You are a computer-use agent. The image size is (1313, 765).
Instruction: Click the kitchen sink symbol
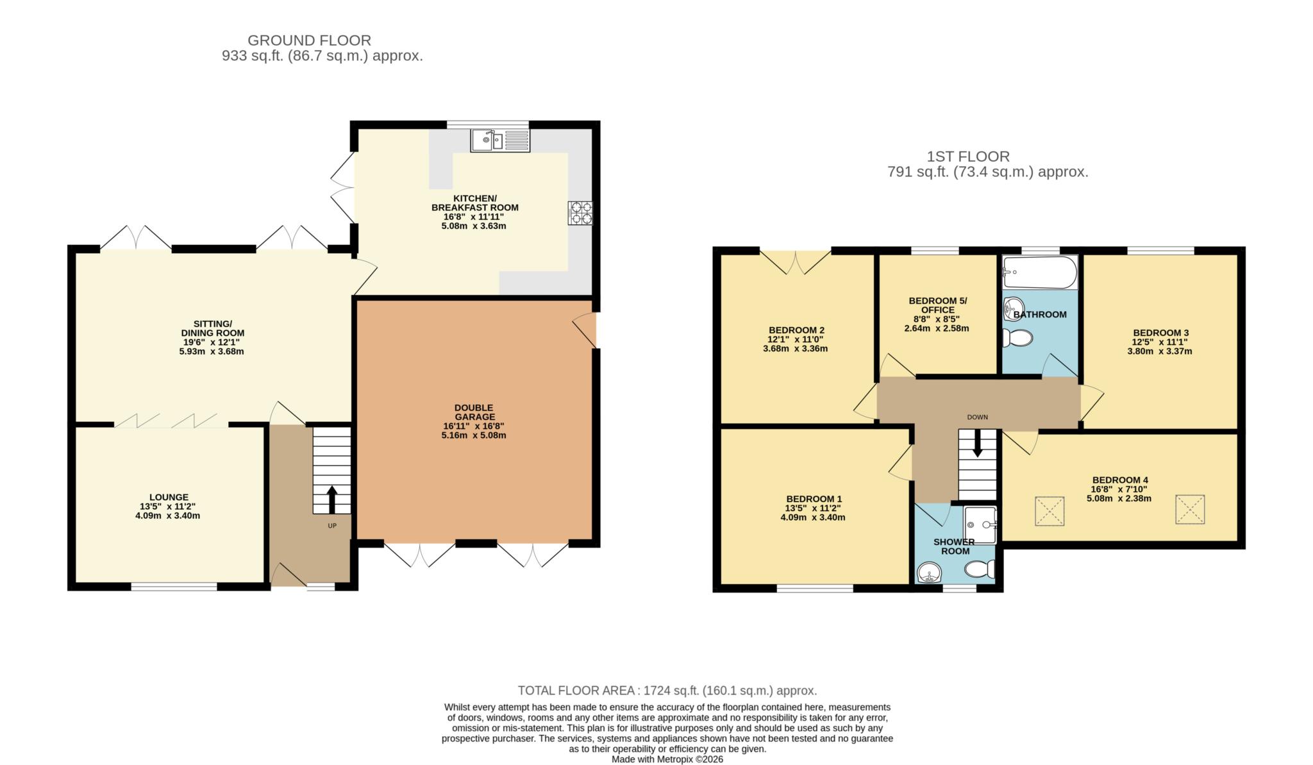coord(500,140)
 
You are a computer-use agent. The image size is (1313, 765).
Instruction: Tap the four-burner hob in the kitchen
coord(580,214)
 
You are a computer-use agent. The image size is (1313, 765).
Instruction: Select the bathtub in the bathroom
coord(1040,273)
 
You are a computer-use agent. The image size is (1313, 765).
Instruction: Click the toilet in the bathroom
coord(1017,337)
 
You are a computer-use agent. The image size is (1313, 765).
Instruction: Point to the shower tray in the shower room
coord(980,525)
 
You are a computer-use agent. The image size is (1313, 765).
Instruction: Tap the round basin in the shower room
coord(928,573)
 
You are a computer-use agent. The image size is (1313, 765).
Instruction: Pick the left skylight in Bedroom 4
coord(1050,511)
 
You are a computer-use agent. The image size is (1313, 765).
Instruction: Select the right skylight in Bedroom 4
coord(1190,510)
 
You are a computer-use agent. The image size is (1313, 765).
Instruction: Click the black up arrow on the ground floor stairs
coord(331,500)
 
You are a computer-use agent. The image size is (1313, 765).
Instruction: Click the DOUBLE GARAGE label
coord(474,412)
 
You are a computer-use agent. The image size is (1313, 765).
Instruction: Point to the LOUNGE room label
coord(169,497)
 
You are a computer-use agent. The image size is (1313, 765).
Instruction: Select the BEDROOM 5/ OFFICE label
coord(938,305)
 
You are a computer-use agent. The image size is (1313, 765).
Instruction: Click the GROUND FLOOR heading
coord(309,40)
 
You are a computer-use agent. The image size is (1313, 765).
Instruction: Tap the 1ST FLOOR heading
coord(968,156)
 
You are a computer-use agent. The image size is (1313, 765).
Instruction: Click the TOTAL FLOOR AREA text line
coord(667,691)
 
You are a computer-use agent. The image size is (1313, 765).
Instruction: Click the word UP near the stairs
coord(332,526)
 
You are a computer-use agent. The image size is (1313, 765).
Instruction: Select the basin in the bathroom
coord(1014,308)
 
